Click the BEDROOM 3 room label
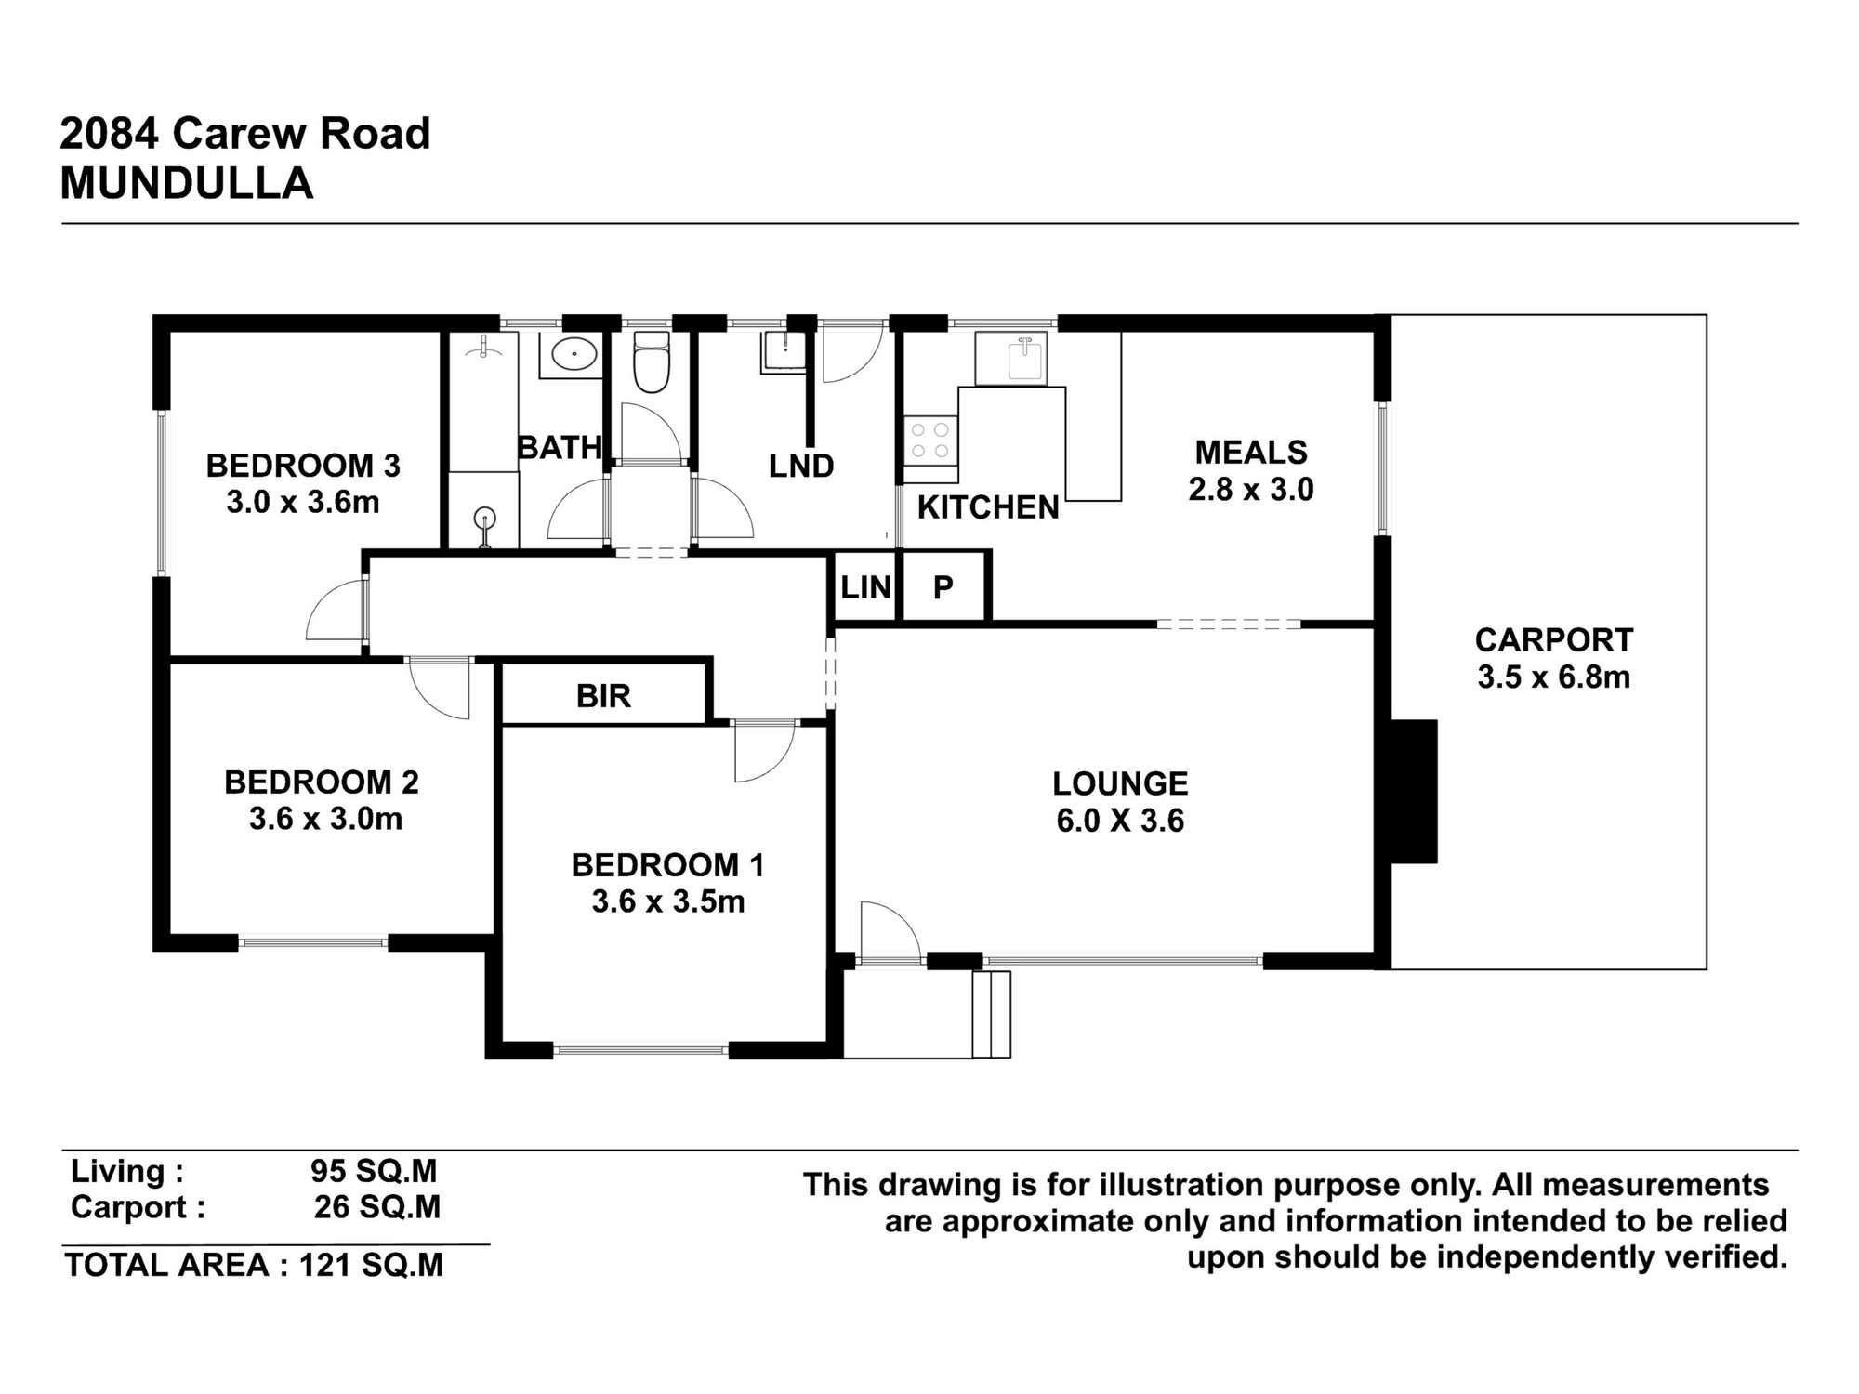303,466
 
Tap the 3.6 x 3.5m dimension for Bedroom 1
667,901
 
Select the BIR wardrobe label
603,696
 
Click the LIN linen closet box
864,587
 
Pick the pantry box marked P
943,587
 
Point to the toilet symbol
651,362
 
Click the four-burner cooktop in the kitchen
929,441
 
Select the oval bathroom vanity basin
574,355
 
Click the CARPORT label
1553,640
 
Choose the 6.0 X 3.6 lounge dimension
1120,822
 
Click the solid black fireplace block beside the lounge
1414,792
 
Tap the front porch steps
992,1014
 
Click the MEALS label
1250,453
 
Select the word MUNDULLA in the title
186,184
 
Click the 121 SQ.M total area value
371,1266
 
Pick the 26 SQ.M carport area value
376,1207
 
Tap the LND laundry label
800,467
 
